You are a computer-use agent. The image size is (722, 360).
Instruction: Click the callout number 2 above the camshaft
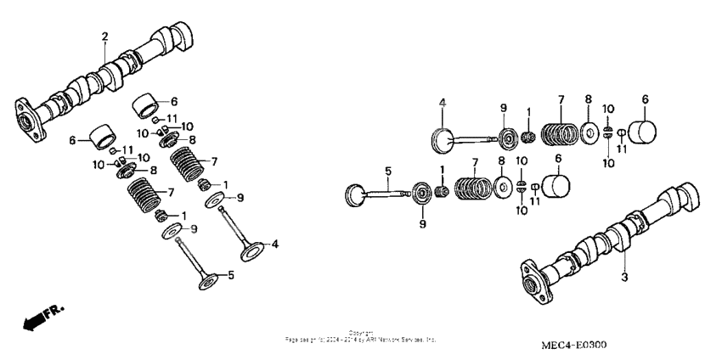(x=104, y=36)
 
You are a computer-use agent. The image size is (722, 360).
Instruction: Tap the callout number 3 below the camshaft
(x=624, y=278)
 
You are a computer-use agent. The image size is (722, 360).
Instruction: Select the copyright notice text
(x=360, y=336)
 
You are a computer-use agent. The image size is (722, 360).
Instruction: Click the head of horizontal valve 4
(x=442, y=139)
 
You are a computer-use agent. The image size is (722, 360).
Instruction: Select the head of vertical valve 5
(x=212, y=279)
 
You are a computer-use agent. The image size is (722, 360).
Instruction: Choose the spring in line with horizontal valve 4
(x=561, y=133)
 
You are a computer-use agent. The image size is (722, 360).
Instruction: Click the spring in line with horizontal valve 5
(x=472, y=187)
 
